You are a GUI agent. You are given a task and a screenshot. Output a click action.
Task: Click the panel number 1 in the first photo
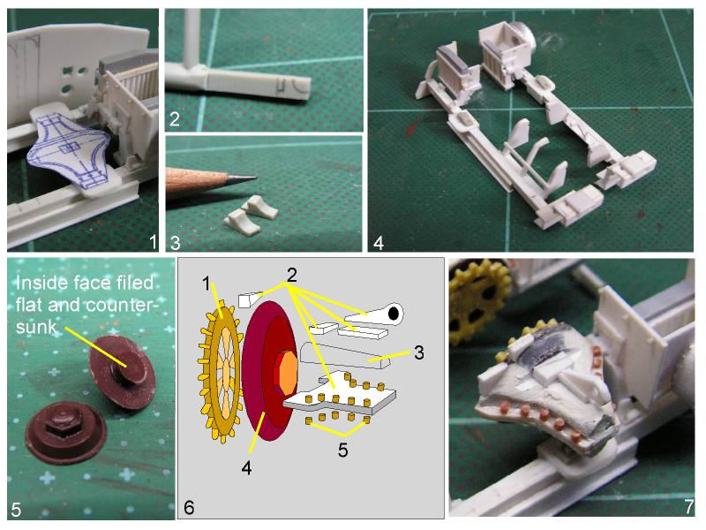coord(152,240)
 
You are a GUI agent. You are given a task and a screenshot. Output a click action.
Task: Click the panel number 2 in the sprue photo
coord(174,119)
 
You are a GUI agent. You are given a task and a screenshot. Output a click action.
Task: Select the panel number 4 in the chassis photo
coord(377,241)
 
